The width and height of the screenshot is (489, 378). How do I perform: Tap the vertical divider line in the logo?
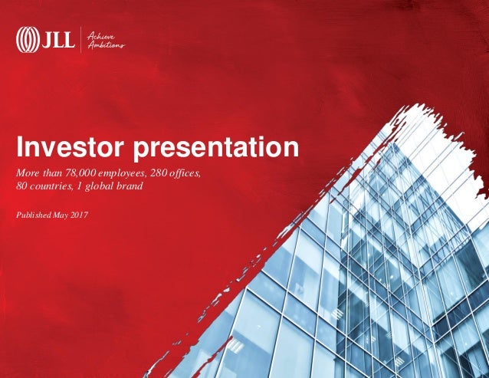point(80,39)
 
